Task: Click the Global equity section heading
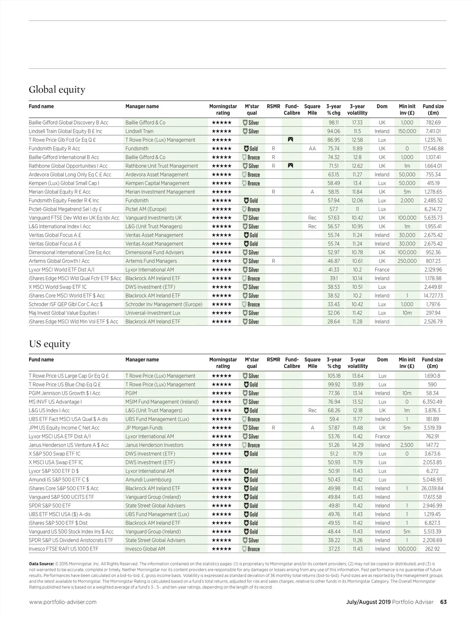[x=57, y=90]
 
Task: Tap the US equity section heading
[x=49, y=344]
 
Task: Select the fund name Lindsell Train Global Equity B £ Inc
[x=65, y=131]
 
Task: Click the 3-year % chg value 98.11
[x=333, y=123]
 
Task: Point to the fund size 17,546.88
[x=433, y=149]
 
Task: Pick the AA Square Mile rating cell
[x=312, y=149]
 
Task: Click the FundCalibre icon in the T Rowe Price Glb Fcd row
[x=291, y=140]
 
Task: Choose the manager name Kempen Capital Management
[x=157, y=183]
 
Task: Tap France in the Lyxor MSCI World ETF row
[x=382, y=270]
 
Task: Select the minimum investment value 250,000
[x=407, y=261]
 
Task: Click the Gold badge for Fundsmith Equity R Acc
[x=251, y=149]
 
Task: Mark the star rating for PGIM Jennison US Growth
[x=222, y=393]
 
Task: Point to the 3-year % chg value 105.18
[x=333, y=376]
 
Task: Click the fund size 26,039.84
[x=432, y=488]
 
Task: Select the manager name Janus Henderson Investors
[x=154, y=445]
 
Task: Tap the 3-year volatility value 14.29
[x=358, y=445]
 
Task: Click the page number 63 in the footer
[x=443, y=602]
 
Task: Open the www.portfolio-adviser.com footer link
[x=63, y=602]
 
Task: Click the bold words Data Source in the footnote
[x=41, y=564]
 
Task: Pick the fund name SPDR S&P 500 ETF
[x=50, y=506]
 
